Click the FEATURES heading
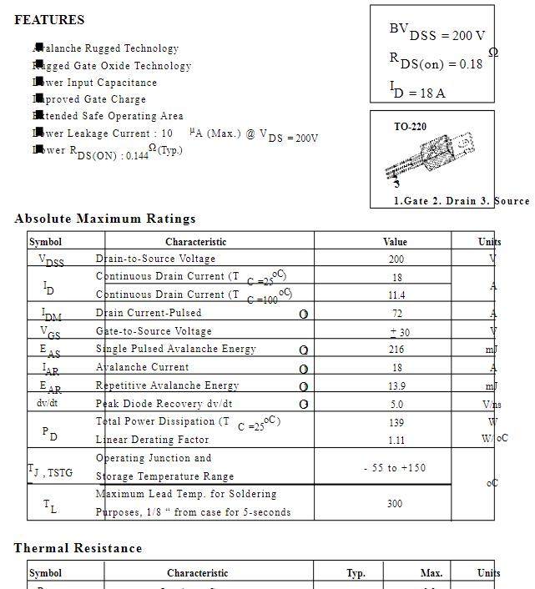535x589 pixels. point(49,20)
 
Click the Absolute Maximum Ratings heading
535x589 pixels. point(105,219)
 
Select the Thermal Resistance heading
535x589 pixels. point(78,548)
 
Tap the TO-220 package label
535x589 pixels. point(410,128)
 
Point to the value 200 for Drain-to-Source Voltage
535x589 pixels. point(396,259)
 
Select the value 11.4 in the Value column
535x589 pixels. point(396,295)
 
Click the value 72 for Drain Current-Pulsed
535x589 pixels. point(396,314)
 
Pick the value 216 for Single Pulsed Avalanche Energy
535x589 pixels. point(396,350)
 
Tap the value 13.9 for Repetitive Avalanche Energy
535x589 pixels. point(396,386)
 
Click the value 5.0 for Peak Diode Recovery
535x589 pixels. point(396,405)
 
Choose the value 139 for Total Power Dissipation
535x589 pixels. point(396,423)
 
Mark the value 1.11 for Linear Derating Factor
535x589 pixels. point(396,440)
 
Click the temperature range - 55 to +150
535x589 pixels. point(395,468)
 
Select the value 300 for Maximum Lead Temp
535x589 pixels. point(395,504)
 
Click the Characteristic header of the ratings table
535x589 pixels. point(195,242)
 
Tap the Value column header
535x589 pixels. point(395,242)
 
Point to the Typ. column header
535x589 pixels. point(356,573)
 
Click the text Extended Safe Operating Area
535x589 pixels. point(108,116)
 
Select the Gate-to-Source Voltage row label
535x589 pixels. point(154,331)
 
